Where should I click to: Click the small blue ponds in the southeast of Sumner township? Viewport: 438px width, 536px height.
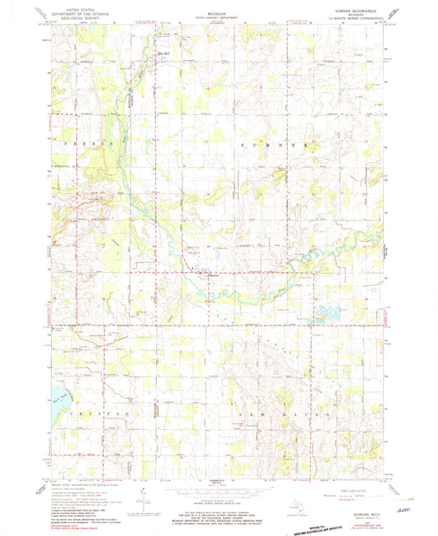click(327, 313)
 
